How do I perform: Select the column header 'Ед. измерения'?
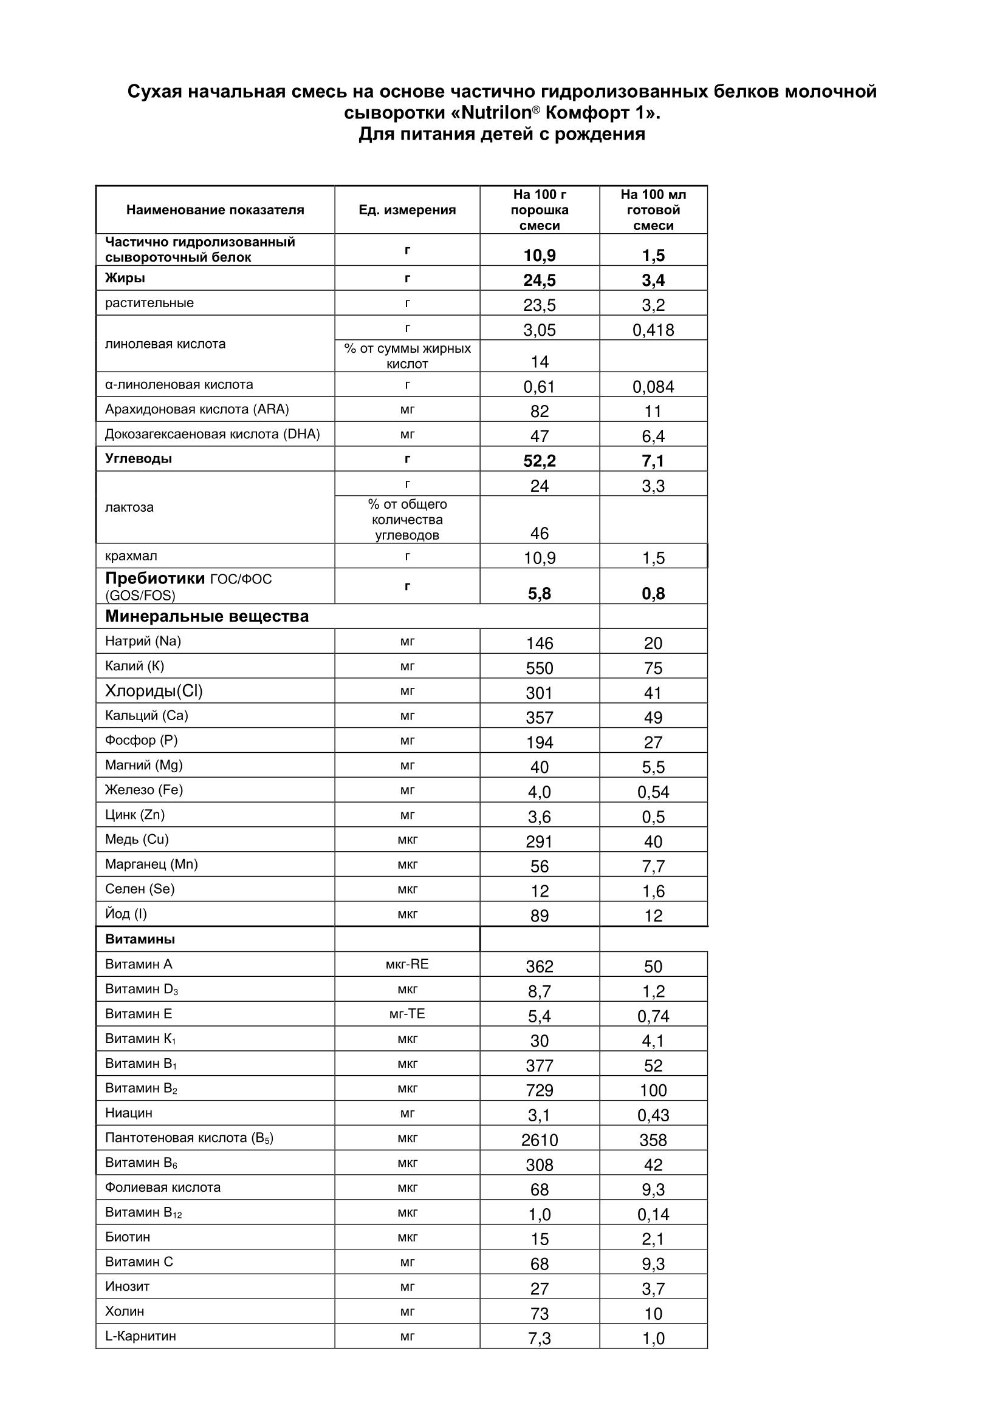pyautogui.click(x=407, y=210)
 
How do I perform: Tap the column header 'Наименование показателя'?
pyautogui.click(x=214, y=210)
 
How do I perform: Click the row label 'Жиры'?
pyautogui.click(x=125, y=278)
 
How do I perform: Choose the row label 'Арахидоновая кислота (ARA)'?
pyautogui.click(x=197, y=409)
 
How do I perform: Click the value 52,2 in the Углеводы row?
pyautogui.click(x=540, y=461)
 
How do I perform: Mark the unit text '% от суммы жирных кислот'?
pyautogui.click(x=407, y=356)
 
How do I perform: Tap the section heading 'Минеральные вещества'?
pyautogui.click(x=207, y=617)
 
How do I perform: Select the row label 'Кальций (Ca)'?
pyautogui.click(x=146, y=716)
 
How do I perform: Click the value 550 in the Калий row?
pyautogui.click(x=540, y=668)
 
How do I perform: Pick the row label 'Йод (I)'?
pyautogui.click(x=126, y=914)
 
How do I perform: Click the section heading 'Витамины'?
pyautogui.click(x=140, y=939)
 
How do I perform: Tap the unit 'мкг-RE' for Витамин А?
pyautogui.click(x=407, y=964)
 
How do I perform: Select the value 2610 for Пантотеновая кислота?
pyautogui.click(x=540, y=1140)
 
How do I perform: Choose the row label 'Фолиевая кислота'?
pyautogui.click(x=163, y=1187)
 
